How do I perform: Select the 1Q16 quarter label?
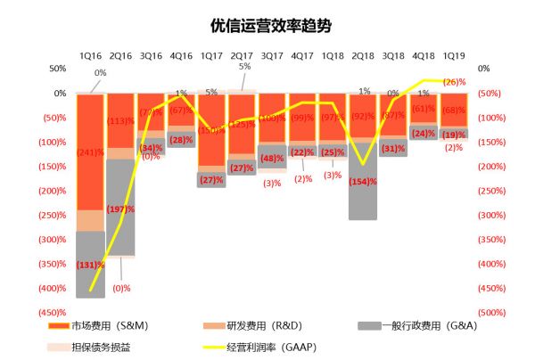coord(90,56)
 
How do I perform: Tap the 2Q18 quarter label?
coord(363,56)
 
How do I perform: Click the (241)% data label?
coord(91,151)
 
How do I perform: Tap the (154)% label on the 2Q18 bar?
coord(363,181)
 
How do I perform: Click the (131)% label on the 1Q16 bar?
coord(91,265)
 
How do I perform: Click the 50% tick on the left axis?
coord(57,69)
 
